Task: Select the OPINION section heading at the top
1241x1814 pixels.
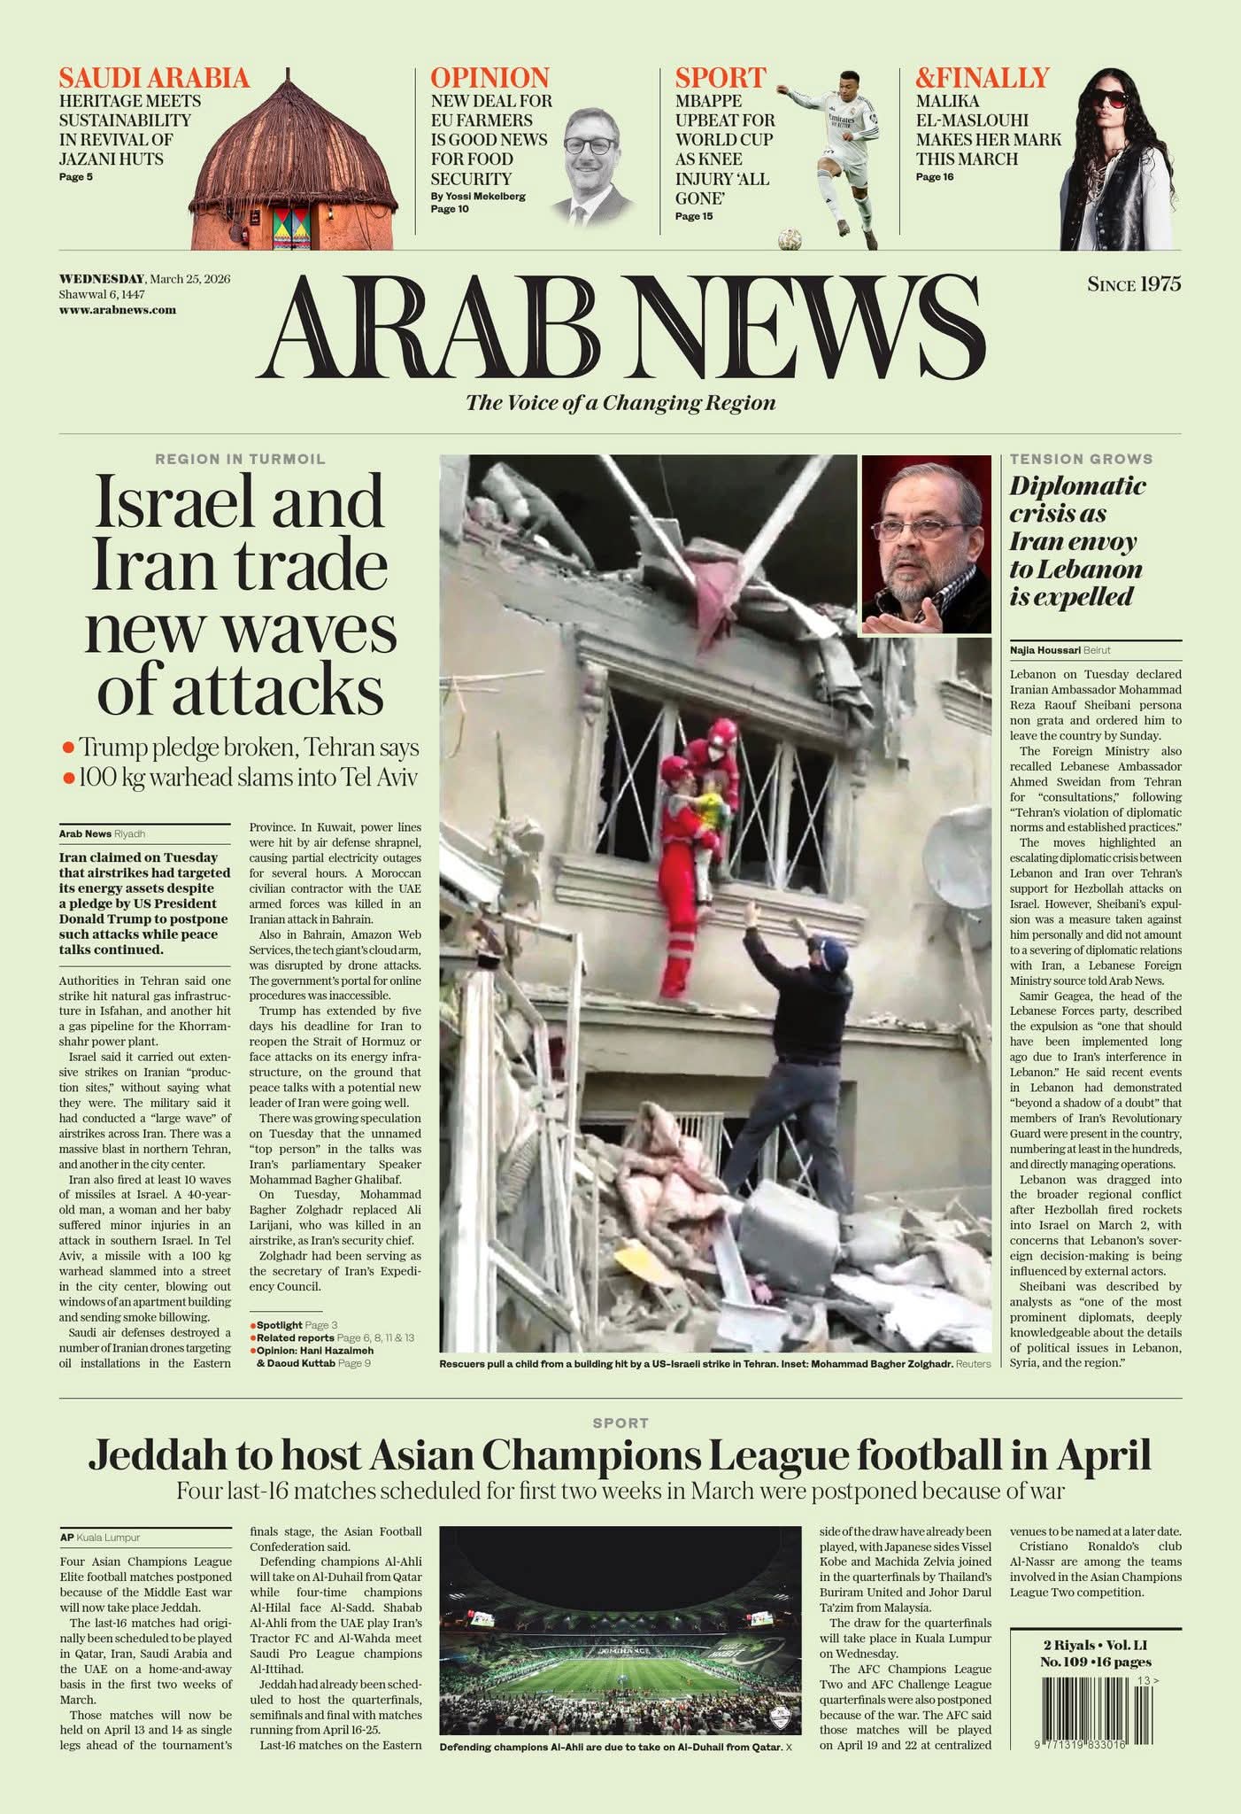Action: pyautogui.click(x=489, y=78)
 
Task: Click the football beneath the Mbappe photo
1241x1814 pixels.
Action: pyautogui.click(x=789, y=239)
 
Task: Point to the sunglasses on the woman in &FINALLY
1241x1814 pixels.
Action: pyautogui.click(x=1106, y=98)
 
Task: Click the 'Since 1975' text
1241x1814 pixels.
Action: pyautogui.click(x=1134, y=284)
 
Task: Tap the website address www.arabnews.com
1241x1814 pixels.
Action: pyautogui.click(x=118, y=310)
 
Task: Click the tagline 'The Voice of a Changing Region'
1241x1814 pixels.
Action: pyautogui.click(x=620, y=403)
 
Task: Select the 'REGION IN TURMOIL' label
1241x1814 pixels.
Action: pyautogui.click(x=240, y=459)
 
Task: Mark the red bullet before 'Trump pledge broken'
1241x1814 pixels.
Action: pyautogui.click(x=68, y=748)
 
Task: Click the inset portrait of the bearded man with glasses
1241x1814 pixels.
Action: pyautogui.click(x=926, y=544)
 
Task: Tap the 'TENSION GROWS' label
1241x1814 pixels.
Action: pyautogui.click(x=1081, y=459)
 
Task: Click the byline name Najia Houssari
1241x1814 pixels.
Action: pyautogui.click(x=1044, y=649)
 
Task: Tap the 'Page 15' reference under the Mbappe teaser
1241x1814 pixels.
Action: pyautogui.click(x=693, y=216)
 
